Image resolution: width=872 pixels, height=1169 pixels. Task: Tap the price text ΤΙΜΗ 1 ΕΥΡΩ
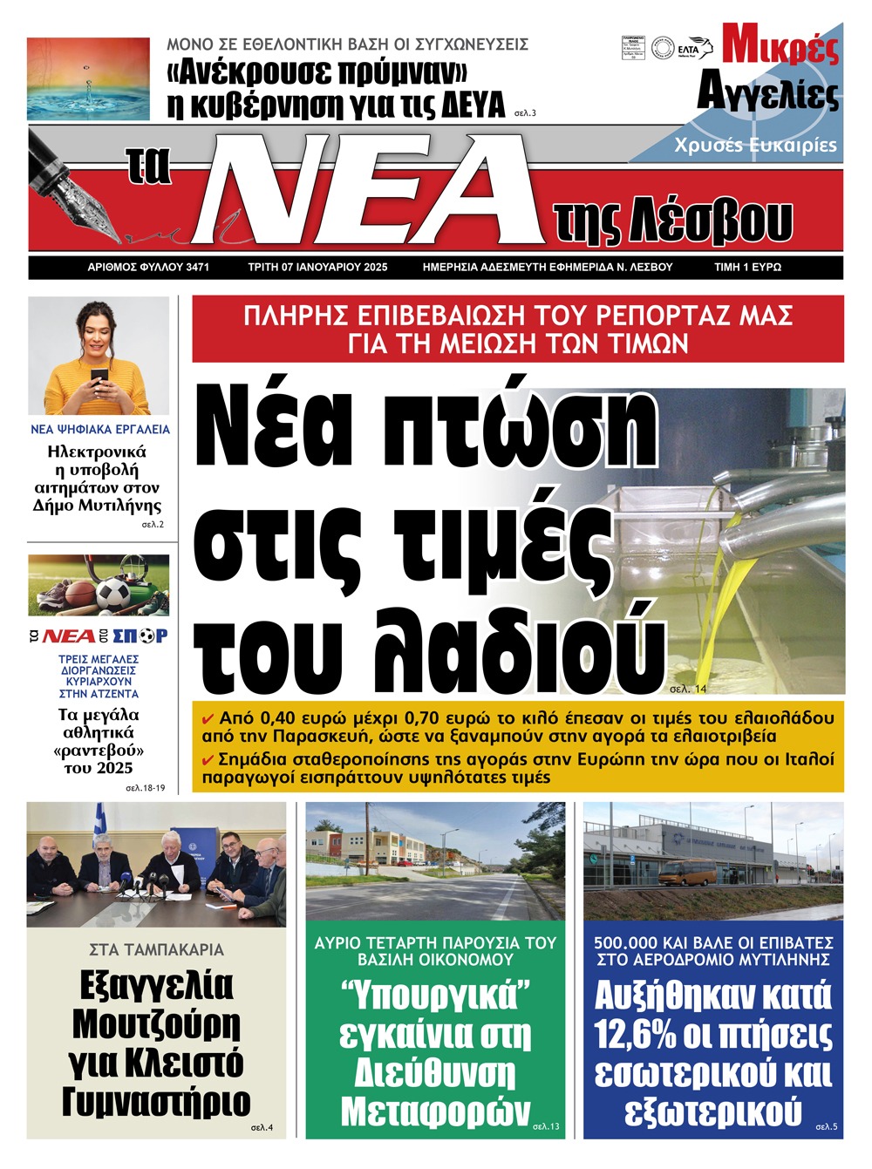[x=747, y=267]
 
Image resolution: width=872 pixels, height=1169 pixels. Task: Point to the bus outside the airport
[x=688, y=873]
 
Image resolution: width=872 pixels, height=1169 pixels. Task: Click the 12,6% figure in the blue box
[x=635, y=1035]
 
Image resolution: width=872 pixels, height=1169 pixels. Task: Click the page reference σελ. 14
[x=688, y=690]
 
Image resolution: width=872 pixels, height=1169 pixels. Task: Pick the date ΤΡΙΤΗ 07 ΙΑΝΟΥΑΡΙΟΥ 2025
[x=317, y=267]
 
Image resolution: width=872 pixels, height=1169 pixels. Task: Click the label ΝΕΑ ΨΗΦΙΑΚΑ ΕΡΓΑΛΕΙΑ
[x=100, y=429]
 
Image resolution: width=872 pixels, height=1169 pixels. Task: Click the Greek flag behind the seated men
[x=100, y=824]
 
